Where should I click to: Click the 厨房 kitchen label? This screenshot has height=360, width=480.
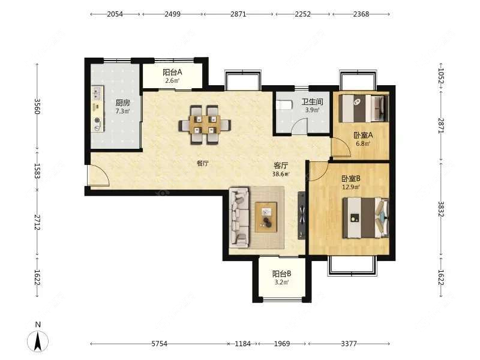coord(122,103)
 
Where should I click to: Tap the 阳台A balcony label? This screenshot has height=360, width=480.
coord(172,72)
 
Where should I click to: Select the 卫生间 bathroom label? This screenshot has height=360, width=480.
coord(312,101)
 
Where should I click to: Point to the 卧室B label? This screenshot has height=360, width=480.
coord(351,178)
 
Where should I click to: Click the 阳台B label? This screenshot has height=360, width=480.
coord(281,274)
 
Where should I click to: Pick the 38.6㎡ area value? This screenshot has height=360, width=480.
coord(281,174)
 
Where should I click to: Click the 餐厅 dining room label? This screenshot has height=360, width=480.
coord(203,163)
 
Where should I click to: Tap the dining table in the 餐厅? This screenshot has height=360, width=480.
coord(205,125)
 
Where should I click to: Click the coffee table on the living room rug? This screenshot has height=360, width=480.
coord(266,217)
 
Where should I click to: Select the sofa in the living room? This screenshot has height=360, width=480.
coord(239,217)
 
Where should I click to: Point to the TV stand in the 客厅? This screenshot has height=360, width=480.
coord(302,215)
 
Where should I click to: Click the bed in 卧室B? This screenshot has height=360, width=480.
coord(365,218)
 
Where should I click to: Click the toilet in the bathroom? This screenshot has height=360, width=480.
coord(283,104)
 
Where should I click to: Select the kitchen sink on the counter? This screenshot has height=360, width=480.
coord(98,92)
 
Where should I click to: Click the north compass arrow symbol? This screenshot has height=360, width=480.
coord(38,341)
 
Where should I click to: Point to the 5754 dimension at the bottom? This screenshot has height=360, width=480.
coord(160,343)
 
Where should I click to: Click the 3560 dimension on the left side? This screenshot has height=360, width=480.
coord(37,106)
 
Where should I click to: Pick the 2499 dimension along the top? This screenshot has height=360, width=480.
coord(172,14)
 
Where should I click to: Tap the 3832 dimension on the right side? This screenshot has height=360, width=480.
coord(441,209)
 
